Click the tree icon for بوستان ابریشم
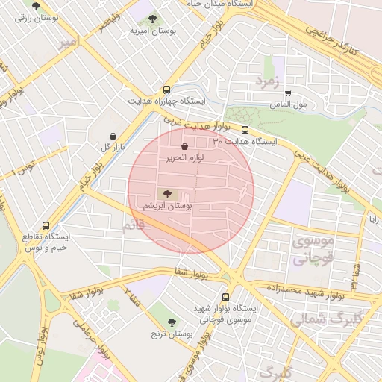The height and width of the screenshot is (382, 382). tap(166, 193)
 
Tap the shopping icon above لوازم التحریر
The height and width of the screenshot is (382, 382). tap(184, 147)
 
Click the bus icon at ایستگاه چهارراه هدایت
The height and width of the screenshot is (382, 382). tap(166, 90)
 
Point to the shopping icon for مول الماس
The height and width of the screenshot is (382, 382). tap(288, 93)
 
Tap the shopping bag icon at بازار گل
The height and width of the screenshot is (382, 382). tap(113, 136)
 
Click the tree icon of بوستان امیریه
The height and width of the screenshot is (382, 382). tap(153, 19)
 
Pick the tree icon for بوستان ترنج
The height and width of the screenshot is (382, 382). tap(172, 322)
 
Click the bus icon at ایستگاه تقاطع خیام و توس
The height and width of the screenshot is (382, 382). tap(46, 225)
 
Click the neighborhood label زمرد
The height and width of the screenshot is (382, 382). tap(266, 79)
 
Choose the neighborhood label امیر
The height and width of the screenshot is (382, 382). tap(68, 44)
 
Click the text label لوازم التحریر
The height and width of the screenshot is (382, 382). tap(184, 158)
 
